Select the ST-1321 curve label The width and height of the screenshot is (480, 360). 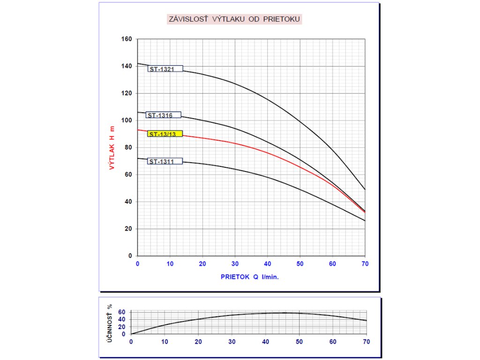[165, 69]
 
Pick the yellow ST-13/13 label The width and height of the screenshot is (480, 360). [165, 134]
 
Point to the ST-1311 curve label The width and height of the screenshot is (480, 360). [165, 162]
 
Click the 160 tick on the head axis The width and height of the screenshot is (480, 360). [127, 39]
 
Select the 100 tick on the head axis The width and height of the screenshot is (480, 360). [127, 120]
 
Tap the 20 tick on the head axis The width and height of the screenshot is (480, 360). [128, 229]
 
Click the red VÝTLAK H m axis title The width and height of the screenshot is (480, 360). [112, 148]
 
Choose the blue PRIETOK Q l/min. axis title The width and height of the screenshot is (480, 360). [250, 277]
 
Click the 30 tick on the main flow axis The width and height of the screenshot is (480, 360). [235, 264]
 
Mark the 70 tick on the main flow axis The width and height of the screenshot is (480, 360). [365, 264]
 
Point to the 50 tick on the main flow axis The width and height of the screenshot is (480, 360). [300, 264]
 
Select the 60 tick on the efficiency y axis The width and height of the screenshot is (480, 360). [121, 312]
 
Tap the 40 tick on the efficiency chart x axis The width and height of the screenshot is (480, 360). [265, 342]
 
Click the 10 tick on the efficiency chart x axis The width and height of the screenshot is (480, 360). [165, 342]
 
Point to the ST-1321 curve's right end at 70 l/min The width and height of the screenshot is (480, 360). [365, 189]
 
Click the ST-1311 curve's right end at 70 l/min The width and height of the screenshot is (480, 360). [365, 220]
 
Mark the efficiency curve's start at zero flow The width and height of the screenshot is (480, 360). [131, 334]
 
